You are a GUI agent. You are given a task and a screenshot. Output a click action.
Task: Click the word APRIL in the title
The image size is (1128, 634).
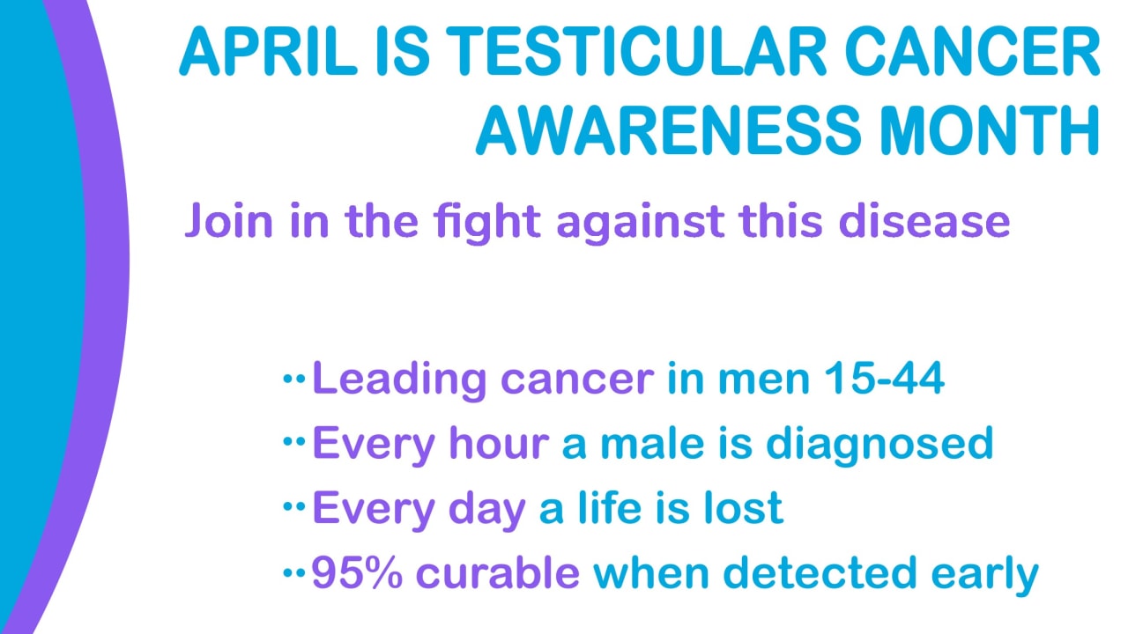[269, 51]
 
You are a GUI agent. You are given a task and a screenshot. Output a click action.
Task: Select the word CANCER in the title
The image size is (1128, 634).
[972, 51]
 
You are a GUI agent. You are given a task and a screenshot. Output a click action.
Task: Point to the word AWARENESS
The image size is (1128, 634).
[668, 130]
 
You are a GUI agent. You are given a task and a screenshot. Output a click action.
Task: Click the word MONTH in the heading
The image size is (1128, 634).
[990, 130]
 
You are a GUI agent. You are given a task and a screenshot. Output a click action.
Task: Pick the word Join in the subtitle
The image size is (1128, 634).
[229, 221]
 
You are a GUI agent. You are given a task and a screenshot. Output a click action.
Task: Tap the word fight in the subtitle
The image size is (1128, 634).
[487, 224]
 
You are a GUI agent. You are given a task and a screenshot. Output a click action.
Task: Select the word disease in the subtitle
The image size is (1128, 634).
[924, 220]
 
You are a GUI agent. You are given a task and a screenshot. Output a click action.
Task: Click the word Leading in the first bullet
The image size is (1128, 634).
[399, 380]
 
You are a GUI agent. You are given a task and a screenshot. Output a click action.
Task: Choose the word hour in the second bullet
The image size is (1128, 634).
[499, 443]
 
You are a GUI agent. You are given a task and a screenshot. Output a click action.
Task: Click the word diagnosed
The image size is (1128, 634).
[879, 446]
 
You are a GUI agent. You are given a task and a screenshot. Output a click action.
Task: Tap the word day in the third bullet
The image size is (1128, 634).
[486, 511]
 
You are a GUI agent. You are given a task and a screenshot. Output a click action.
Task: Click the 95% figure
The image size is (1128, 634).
[357, 572]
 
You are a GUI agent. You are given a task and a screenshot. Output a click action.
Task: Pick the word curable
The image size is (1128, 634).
[498, 572]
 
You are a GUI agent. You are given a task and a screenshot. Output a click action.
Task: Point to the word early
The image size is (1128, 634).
[984, 576]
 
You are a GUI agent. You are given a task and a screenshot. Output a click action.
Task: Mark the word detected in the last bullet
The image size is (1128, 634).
[820, 572]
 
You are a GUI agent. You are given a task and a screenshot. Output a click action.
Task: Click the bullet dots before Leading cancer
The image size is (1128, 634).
[294, 378]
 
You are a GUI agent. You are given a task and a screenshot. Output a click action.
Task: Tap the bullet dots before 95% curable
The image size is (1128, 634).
[294, 572]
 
